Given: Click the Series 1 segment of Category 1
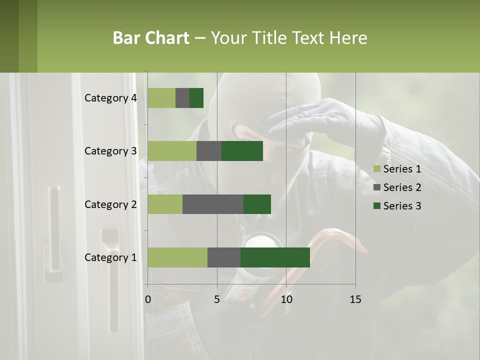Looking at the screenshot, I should tap(177, 257).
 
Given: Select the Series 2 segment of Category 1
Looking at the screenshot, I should tap(224, 257).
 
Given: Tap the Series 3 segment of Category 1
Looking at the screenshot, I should tap(275, 257).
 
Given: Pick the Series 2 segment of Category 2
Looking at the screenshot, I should tap(213, 204).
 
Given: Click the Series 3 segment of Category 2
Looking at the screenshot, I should tap(257, 204).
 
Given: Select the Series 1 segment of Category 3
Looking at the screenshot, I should tap(172, 151).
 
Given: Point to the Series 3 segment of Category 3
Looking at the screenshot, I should tap(242, 151).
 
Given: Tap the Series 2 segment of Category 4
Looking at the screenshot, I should tap(182, 98).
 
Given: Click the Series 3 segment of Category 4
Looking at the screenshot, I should tap(196, 98).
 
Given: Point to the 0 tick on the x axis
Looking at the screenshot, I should tap(148, 299).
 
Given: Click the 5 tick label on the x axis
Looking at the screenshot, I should tap(217, 299).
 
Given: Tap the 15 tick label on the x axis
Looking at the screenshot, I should tap(355, 299).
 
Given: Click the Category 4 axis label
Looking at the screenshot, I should tap(110, 98).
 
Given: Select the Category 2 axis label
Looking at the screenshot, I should tap(110, 204).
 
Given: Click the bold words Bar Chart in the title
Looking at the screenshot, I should tap(151, 38).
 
